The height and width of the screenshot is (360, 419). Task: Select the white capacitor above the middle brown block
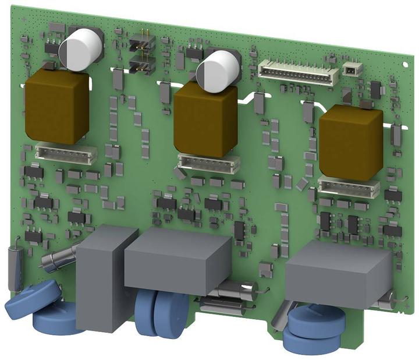pyautogui.click(x=218, y=69)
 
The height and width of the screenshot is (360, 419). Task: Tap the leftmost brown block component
pyautogui.click(x=56, y=107)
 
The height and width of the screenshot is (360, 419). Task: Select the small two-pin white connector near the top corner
pyautogui.click(x=352, y=69)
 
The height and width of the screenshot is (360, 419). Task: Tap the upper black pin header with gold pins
pyautogui.click(x=141, y=42)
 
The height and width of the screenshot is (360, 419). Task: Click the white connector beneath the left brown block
pyautogui.click(x=65, y=154)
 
